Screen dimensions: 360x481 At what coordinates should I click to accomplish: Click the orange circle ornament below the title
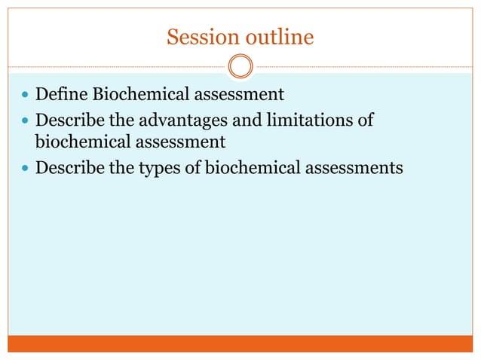tap(240, 66)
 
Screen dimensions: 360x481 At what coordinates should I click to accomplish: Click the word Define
tap(61, 95)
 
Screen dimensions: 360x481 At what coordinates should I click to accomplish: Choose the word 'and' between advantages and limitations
tap(244, 120)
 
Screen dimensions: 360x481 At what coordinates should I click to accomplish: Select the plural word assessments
tap(350, 167)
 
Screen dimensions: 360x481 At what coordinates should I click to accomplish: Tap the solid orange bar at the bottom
tap(240, 343)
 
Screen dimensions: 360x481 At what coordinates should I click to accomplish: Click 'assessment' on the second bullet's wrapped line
tap(176, 141)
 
